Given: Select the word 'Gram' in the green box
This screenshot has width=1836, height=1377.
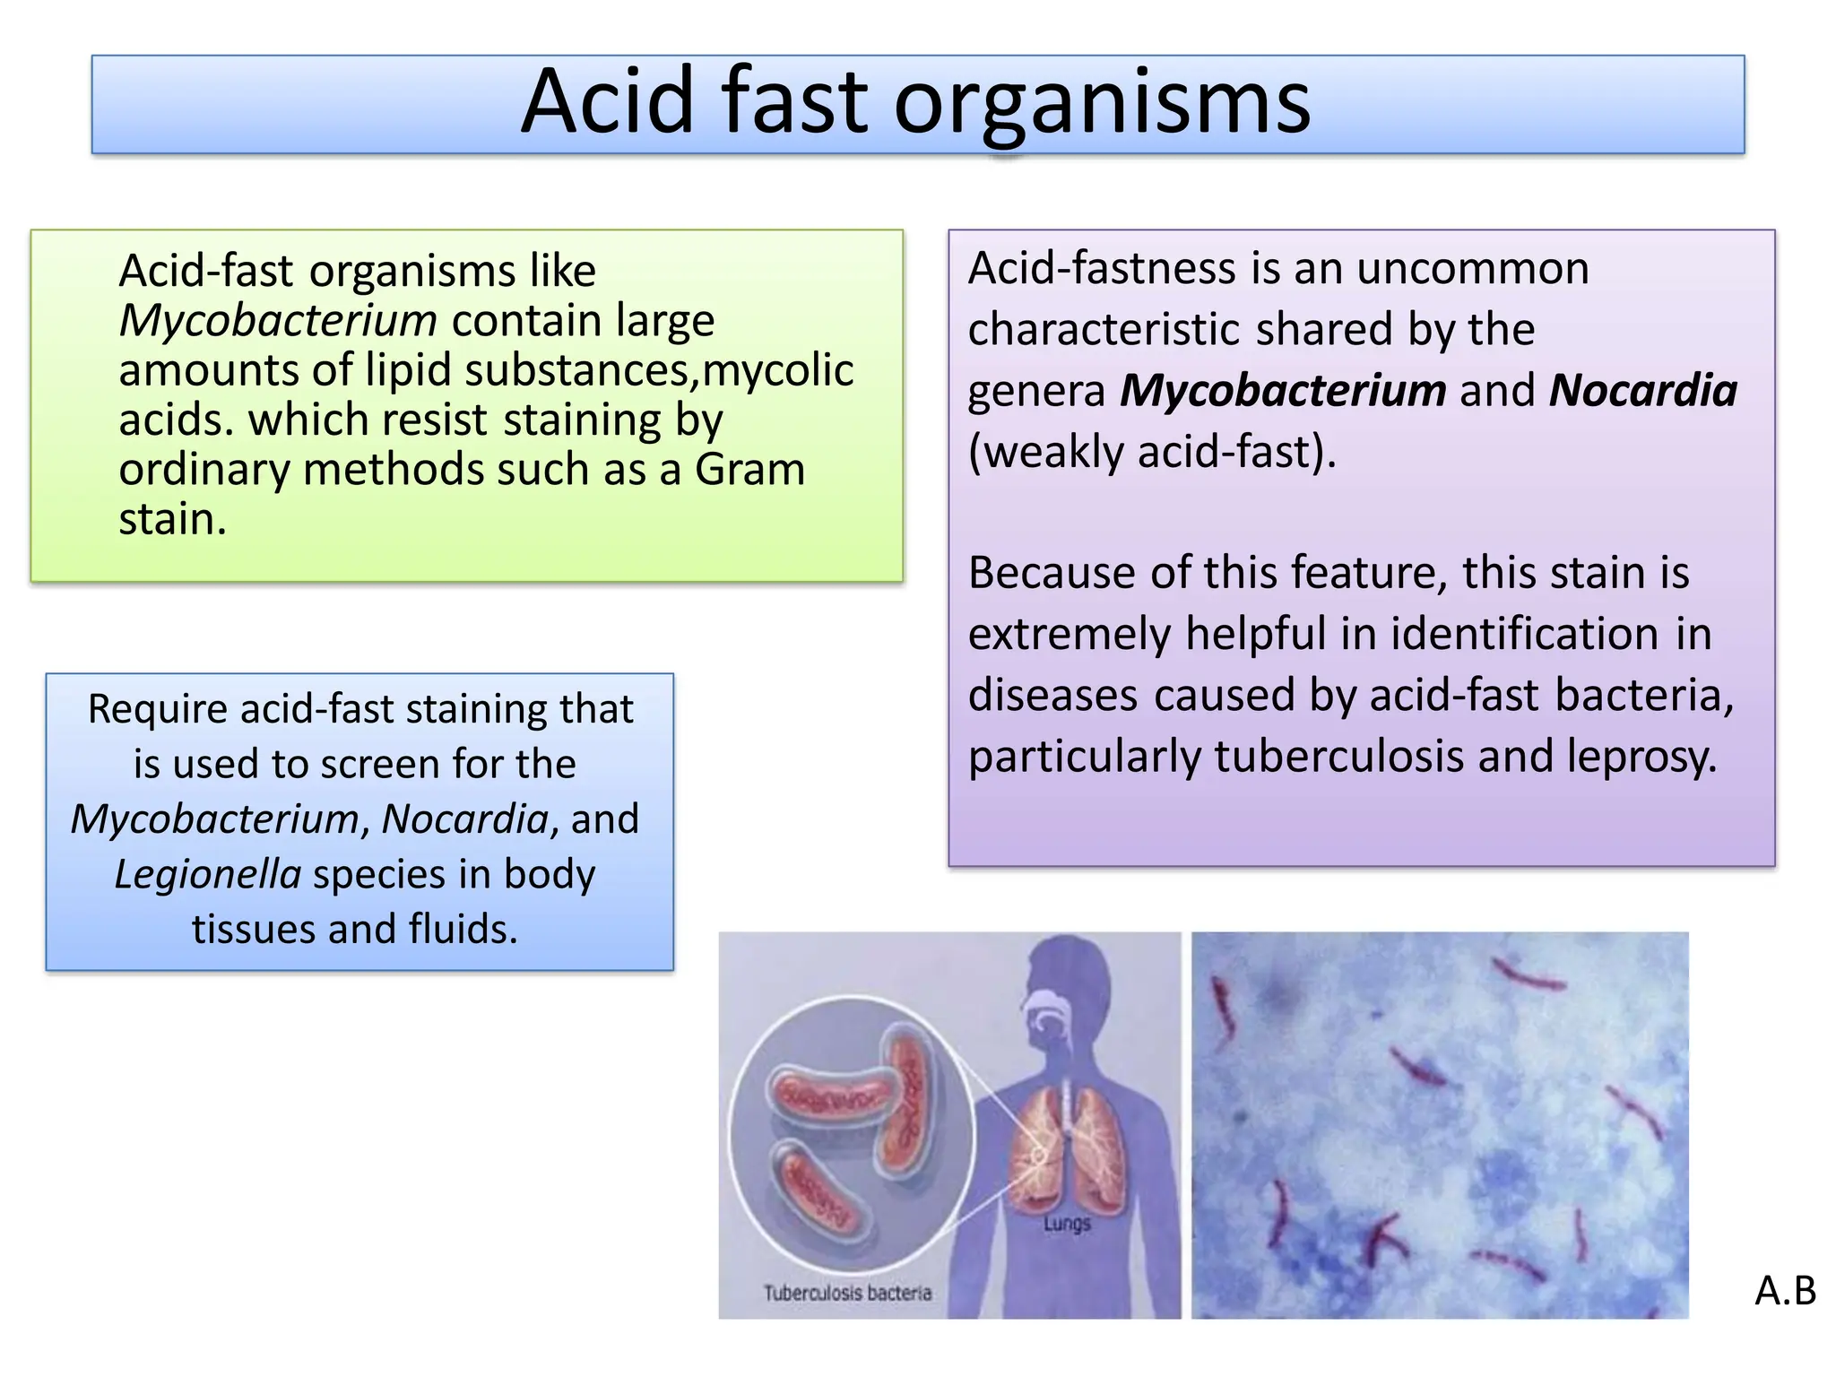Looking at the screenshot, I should point(749,470).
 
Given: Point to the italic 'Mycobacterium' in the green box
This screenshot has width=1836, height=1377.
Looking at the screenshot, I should point(278,321).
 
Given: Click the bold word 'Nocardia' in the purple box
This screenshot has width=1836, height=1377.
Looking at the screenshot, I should point(1642,391).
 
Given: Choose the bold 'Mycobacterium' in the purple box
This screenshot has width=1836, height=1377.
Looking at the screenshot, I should point(1283,391).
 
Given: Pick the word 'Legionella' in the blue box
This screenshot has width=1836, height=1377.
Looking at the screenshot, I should point(208,875).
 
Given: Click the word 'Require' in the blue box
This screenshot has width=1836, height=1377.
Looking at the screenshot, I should point(157,709).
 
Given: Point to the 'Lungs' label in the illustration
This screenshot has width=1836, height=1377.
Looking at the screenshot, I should point(1067,1224).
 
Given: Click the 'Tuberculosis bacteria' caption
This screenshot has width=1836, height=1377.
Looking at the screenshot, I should point(847,1293).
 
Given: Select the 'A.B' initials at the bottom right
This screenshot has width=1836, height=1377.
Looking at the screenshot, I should point(1785,1291).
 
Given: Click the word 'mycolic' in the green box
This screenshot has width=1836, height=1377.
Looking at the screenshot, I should point(778,370).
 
